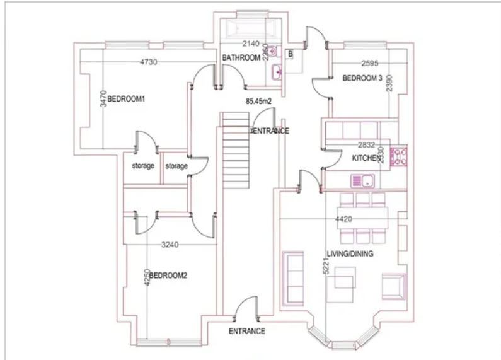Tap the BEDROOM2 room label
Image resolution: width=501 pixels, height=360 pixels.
pos(168,276)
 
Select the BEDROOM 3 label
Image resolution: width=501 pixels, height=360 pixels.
pos(362,79)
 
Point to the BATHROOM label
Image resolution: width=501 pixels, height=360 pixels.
pos(241,58)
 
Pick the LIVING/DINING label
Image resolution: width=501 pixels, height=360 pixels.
pos(350,254)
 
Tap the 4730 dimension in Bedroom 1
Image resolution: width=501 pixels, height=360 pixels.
pos(148,62)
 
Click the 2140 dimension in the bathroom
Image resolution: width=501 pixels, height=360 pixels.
pos(251,44)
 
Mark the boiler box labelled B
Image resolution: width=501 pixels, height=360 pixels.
pos(290,54)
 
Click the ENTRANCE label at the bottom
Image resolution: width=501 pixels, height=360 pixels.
pos(246,332)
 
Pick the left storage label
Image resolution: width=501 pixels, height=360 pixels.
pos(143,166)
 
